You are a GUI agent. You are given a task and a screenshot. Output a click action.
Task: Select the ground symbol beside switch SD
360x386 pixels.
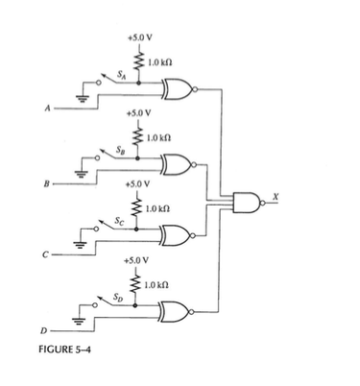(80, 320)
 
